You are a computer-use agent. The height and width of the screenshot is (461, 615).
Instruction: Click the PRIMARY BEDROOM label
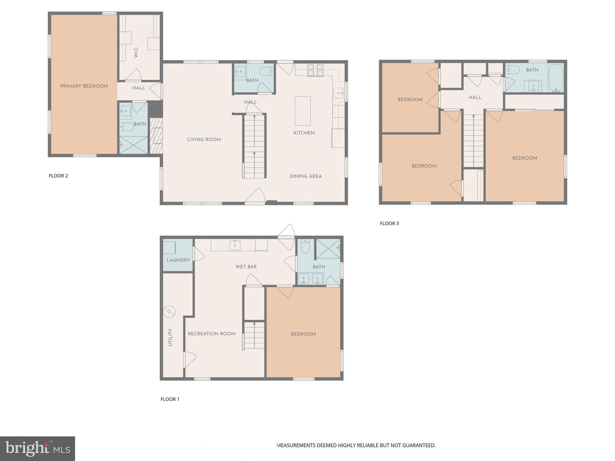pos(84,86)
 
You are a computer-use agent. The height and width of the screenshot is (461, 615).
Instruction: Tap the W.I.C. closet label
pos(136,52)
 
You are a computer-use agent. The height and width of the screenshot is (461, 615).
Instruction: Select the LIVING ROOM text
pos(204,140)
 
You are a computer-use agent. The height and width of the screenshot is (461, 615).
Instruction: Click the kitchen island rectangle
pos(302,111)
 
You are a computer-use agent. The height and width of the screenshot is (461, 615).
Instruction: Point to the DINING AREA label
pos(305,176)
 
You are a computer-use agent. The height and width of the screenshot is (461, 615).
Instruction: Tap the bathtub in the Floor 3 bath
pos(556,78)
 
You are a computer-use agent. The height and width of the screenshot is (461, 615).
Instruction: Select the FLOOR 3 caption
pos(389,223)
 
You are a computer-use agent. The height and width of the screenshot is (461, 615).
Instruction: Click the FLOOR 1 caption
pos(170,399)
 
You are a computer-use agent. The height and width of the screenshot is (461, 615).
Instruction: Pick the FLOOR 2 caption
pos(58,176)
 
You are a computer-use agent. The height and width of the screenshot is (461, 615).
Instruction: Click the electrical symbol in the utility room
pos(169,312)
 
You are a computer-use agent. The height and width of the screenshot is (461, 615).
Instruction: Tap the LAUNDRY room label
pos(178,260)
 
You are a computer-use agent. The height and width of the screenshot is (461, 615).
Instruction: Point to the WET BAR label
pos(246,267)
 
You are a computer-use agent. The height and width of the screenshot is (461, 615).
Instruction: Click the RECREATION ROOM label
pos(211,334)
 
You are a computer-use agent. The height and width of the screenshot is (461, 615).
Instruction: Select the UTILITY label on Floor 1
pos(170,337)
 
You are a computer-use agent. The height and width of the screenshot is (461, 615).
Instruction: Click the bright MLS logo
pos(37,448)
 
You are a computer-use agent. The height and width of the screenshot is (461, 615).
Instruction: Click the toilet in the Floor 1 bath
pos(305,246)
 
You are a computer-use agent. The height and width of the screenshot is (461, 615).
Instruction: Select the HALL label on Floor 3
pos(475,98)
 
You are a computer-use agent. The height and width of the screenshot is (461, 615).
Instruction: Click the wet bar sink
pos(235,245)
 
